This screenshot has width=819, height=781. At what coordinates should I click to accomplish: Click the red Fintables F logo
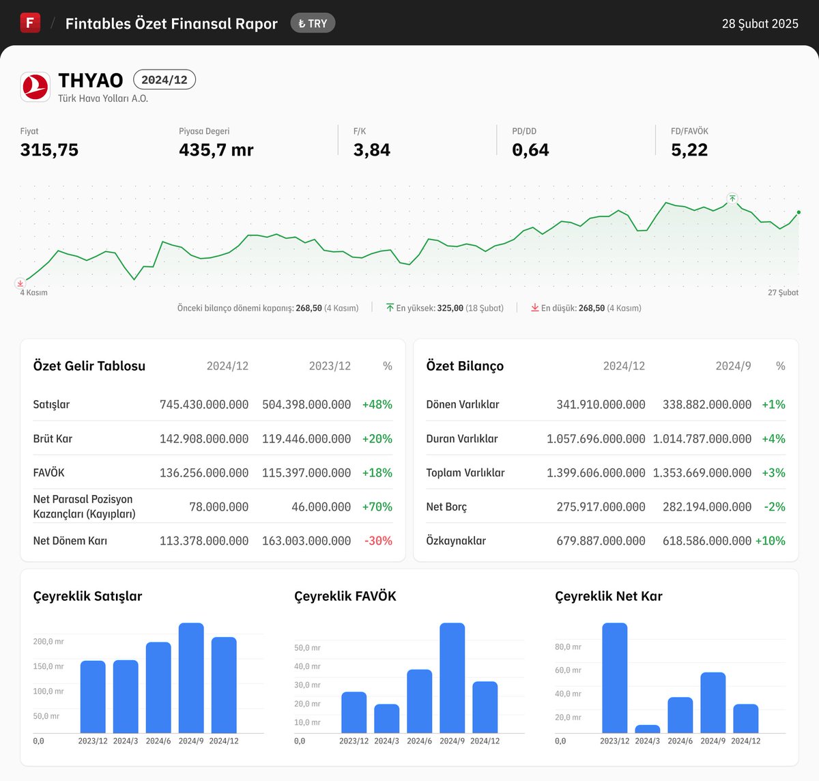[30, 23]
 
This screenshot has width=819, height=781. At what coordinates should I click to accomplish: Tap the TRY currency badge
[313, 23]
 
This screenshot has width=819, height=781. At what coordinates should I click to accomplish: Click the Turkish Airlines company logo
[35, 87]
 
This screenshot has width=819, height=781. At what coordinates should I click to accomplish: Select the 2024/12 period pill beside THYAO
[164, 80]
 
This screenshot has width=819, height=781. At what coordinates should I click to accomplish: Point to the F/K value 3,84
[371, 150]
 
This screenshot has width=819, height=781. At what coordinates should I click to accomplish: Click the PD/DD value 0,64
[530, 150]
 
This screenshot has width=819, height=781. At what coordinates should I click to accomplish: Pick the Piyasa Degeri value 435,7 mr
[216, 150]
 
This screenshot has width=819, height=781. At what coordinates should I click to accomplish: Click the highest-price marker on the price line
[732, 199]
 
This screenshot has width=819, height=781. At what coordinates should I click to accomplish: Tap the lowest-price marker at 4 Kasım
[20, 283]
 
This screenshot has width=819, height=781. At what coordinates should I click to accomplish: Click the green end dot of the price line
[799, 212]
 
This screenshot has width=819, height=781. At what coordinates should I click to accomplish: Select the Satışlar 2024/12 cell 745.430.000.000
[204, 404]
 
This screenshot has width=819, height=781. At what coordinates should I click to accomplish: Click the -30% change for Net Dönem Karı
[378, 541]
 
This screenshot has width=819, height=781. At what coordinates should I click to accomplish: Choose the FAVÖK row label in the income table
[48, 472]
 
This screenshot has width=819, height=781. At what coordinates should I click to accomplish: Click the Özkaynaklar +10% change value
[770, 541]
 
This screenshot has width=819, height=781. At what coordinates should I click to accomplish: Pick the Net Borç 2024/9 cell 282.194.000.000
[706, 507]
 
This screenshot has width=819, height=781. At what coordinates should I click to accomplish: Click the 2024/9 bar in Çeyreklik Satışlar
[191, 678]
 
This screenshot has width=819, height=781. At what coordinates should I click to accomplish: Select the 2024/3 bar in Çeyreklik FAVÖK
[386, 719]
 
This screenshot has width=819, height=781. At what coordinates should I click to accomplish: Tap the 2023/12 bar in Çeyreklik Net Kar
[614, 678]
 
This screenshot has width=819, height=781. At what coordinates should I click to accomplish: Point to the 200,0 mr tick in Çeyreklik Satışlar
[48, 642]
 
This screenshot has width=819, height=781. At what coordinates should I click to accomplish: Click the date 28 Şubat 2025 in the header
[760, 24]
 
